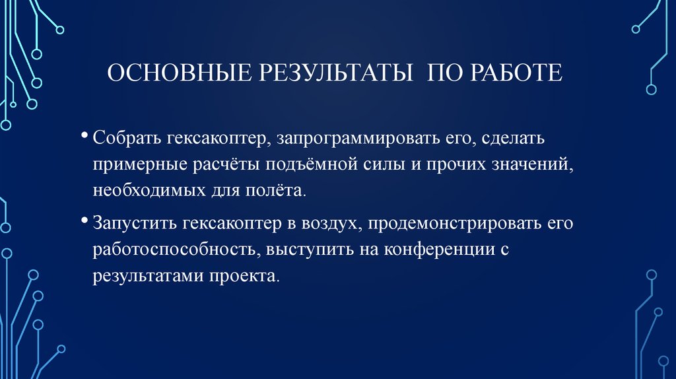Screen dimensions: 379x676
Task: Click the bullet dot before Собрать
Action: pos(85,135)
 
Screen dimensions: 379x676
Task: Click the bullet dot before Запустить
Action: pos(85,220)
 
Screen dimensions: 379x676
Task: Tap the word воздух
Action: pos(326,224)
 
